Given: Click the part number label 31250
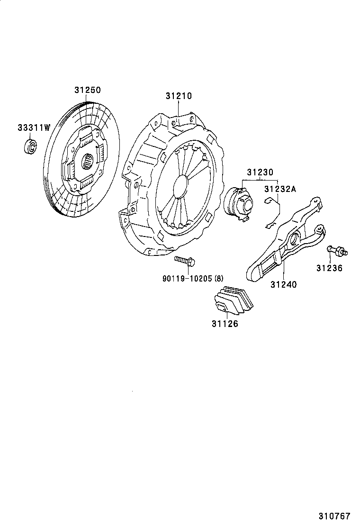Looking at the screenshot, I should click(88, 90).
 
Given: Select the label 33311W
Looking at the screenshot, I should click(34, 127).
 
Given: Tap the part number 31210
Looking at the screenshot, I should click(179, 96).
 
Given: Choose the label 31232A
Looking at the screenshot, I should click(280, 189).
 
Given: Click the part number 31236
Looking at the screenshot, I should click(329, 268).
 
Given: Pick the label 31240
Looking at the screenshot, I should click(283, 284).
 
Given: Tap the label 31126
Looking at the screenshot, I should click(225, 324).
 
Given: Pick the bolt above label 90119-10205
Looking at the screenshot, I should click(185, 260).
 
